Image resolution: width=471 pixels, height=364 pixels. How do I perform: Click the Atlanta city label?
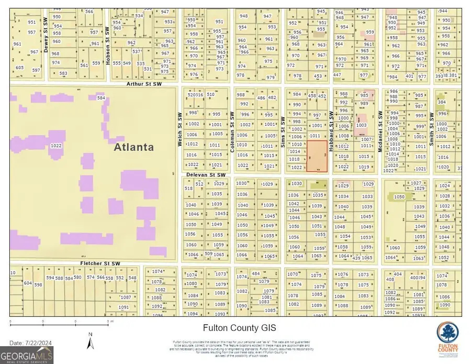coord(134,147)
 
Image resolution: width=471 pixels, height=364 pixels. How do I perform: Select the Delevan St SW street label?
coord(206,175)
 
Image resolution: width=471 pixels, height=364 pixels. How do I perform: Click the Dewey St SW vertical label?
coord(46,40)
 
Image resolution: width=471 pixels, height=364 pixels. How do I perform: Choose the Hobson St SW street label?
coord(108,46)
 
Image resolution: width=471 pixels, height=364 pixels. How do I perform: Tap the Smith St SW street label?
coord(432,129)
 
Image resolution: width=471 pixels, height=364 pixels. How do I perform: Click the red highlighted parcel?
coord(317,156)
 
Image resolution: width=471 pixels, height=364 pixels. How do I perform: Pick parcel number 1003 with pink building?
coord(361,125)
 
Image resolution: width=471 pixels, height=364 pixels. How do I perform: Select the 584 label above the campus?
coord(101,98)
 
